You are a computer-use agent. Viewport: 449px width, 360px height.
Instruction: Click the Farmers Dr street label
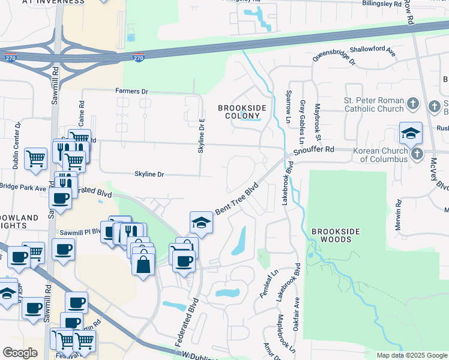(x=131, y=91)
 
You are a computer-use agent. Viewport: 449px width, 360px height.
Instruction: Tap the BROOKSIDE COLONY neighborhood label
(x=241, y=112)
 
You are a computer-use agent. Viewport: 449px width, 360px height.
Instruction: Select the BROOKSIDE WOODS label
(x=335, y=235)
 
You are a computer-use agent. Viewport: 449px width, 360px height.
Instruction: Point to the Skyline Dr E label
(x=202, y=135)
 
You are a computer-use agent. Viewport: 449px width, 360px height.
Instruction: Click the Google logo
(x=20, y=353)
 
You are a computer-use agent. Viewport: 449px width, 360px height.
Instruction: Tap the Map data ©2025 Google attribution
(x=411, y=355)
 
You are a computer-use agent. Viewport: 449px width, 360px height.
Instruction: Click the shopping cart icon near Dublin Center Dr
(x=36, y=160)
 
